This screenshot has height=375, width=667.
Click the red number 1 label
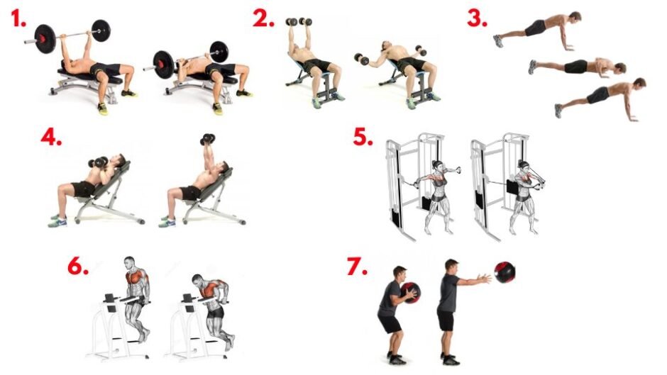pos(18,18)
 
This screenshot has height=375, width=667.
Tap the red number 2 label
pos(263,18)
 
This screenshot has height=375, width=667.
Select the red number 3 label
pos(477,18)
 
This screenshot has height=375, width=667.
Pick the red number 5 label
pos(363,136)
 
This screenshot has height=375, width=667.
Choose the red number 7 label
pos(358,266)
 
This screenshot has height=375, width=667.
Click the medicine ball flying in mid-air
pos(505,272)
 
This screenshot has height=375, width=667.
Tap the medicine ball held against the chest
pos(410,293)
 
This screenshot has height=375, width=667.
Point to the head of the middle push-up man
pos(620,68)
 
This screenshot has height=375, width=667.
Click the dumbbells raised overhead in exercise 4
pos(208,139)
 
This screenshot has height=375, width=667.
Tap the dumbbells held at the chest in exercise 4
pos(98,162)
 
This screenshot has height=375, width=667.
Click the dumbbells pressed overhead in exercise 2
pos(299,22)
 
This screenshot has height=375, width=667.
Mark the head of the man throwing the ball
pos(451,266)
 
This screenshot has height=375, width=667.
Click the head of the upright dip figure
pos(130,263)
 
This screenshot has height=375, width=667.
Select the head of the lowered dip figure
pos(198,280)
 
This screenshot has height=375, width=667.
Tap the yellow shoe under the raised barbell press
pos(102,109)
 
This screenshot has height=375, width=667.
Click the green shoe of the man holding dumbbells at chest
pos(57,221)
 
